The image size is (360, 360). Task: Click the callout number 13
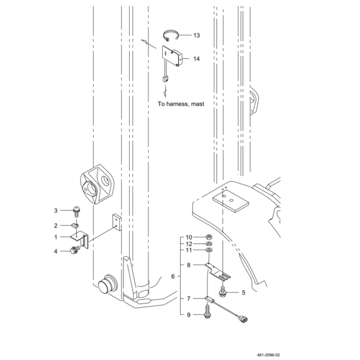click(197, 35)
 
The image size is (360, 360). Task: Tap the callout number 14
click(197, 59)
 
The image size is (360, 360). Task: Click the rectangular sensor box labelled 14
click(172, 56)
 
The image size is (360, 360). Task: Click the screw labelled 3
click(76, 212)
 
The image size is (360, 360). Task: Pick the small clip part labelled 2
click(75, 225)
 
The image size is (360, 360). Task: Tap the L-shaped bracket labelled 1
click(79, 239)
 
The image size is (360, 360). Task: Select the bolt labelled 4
click(75, 250)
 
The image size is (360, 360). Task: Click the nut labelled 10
click(209, 237)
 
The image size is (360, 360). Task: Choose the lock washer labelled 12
click(209, 243)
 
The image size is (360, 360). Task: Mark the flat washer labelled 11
click(209, 250)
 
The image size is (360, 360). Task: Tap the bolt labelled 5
click(222, 291)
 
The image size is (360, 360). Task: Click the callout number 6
click(173, 277)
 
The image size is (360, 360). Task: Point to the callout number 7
click(189, 299)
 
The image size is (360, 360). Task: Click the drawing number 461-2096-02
click(268, 355)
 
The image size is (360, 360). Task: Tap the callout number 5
click(243, 293)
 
